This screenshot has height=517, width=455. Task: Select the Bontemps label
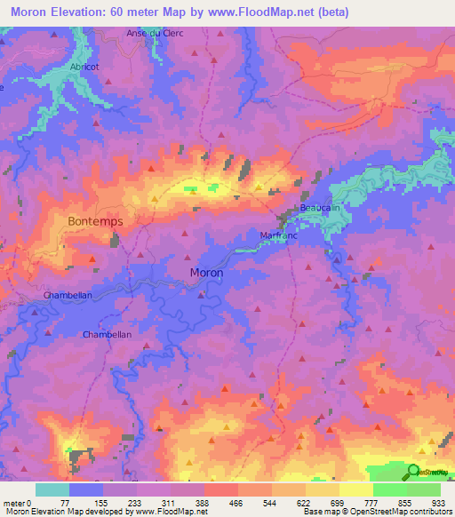click(x=95, y=220)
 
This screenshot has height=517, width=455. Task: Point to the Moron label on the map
click(x=206, y=273)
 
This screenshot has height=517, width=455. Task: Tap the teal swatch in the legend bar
click(x=52, y=489)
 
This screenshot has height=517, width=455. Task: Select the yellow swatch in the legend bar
click(x=355, y=489)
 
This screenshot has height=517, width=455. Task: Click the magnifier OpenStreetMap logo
click(x=415, y=472)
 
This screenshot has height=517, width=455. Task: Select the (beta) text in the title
click(x=333, y=12)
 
